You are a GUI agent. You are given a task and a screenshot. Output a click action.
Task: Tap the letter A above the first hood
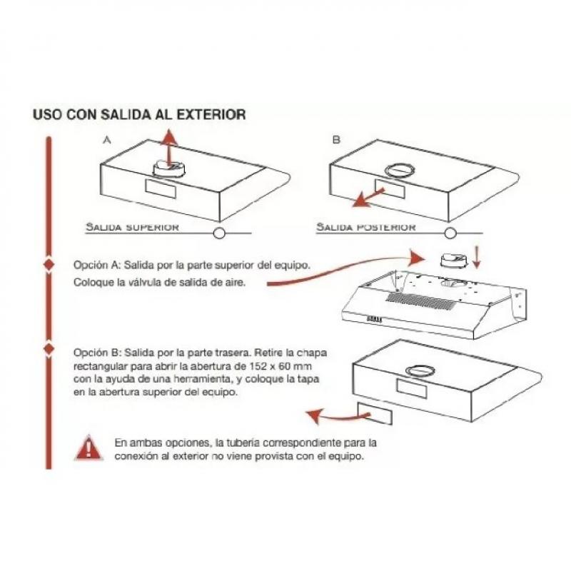point(106,141)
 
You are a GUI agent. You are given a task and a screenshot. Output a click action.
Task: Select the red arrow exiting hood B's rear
point(370,196)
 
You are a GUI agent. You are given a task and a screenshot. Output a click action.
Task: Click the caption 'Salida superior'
point(132,227)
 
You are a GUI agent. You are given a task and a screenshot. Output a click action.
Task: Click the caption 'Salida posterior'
point(366,227)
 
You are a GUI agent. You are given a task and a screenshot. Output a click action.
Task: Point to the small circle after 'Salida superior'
point(219,233)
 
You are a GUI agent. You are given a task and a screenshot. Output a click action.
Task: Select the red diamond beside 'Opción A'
point(49,264)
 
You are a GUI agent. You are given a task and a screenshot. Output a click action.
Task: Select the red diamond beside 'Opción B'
point(49,350)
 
